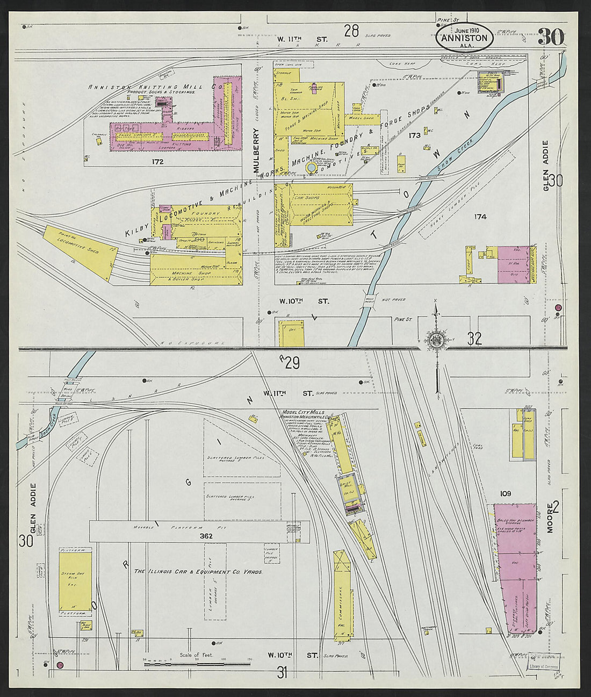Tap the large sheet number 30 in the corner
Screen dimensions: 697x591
(550, 38)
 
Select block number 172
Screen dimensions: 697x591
(157, 161)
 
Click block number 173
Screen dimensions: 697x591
(414, 136)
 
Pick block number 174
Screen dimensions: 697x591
(480, 217)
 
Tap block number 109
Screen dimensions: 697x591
(505, 493)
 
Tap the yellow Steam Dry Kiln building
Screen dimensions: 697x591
(75, 582)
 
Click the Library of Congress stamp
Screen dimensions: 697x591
(543, 666)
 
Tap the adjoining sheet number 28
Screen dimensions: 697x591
(351, 31)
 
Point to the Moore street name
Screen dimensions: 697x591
(550, 519)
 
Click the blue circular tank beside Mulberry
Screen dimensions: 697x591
(312, 169)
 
